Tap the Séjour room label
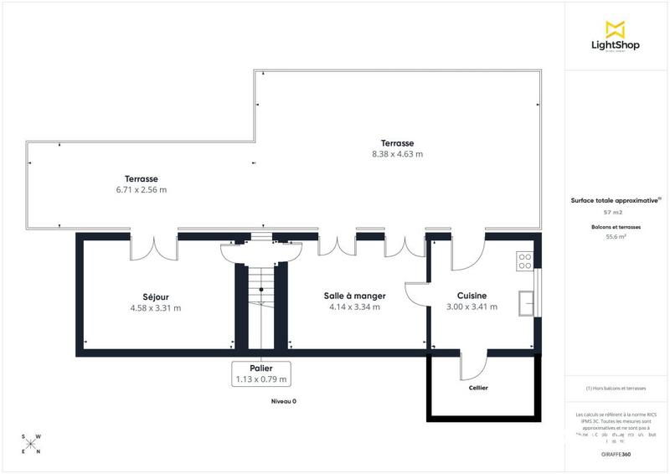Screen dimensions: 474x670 coord(155,296)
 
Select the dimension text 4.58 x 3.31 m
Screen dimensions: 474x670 coord(155,308)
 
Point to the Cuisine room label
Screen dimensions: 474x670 coord(472,296)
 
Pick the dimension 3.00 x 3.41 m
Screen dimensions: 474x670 coord(472,307)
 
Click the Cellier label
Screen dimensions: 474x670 coord(478,388)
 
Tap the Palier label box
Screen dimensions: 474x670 coord(261,374)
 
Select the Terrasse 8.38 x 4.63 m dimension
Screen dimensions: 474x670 coord(397,154)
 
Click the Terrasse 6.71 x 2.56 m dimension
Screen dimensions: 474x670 coord(141,190)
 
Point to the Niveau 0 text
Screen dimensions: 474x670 coord(283,402)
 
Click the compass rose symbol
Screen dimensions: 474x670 coord(30,444)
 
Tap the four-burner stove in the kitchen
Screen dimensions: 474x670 coord(525,260)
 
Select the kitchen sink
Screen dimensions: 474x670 coord(527,301)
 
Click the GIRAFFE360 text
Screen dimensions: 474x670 coord(616,453)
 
